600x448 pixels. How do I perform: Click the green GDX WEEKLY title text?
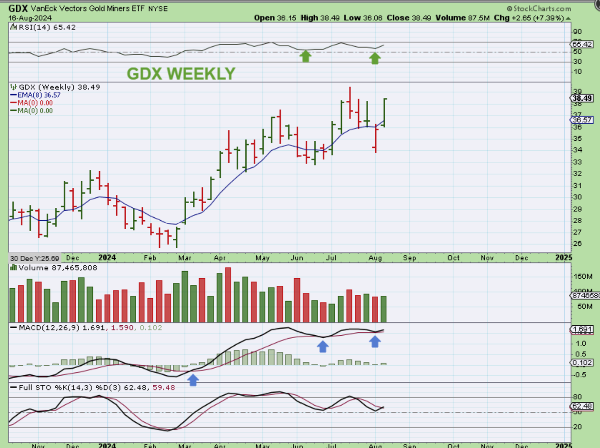(x=180, y=74)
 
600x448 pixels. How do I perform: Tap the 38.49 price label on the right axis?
(x=581, y=98)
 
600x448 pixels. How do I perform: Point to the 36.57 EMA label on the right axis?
(x=581, y=120)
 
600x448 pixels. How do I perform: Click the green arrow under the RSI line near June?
(x=305, y=57)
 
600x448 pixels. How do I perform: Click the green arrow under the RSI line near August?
(x=375, y=58)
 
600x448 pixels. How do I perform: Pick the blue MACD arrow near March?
(x=192, y=379)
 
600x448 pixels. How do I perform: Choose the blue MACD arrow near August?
(x=375, y=341)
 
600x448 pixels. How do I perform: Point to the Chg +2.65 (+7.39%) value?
(x=535, y=18)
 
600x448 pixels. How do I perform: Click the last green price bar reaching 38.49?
(x=384, y=112)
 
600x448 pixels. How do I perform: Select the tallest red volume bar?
(x=228, y=295)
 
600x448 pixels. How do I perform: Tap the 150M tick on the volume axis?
(x=582, y=276)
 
